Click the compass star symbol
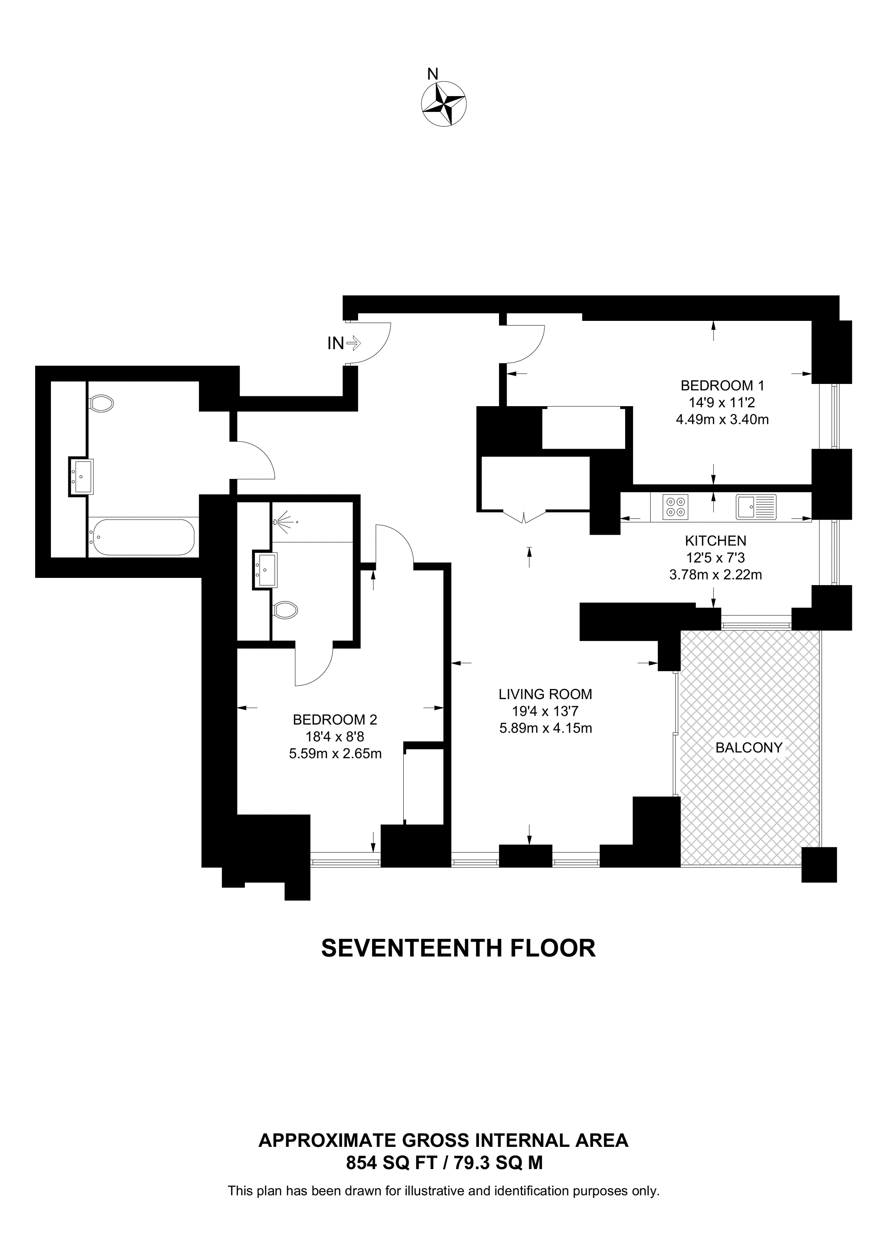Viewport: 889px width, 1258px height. [444, 103]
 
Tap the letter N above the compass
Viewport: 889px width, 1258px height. [433, 74]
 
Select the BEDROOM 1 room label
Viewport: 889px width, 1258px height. [722, 385]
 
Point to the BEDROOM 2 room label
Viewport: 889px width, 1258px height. [335, 719]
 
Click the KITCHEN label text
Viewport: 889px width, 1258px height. [715, 541]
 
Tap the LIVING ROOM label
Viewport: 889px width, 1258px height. [545, 694]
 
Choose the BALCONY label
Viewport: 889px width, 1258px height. [749, 747]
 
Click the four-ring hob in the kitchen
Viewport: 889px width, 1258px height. [675, 507]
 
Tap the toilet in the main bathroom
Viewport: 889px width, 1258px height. [101, 404]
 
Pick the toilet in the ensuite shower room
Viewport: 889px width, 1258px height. [285, 609]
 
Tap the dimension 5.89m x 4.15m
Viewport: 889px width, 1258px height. [545, 729]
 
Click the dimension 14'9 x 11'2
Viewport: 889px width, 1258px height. [722, 403]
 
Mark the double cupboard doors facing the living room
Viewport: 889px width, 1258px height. [524, 516]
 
